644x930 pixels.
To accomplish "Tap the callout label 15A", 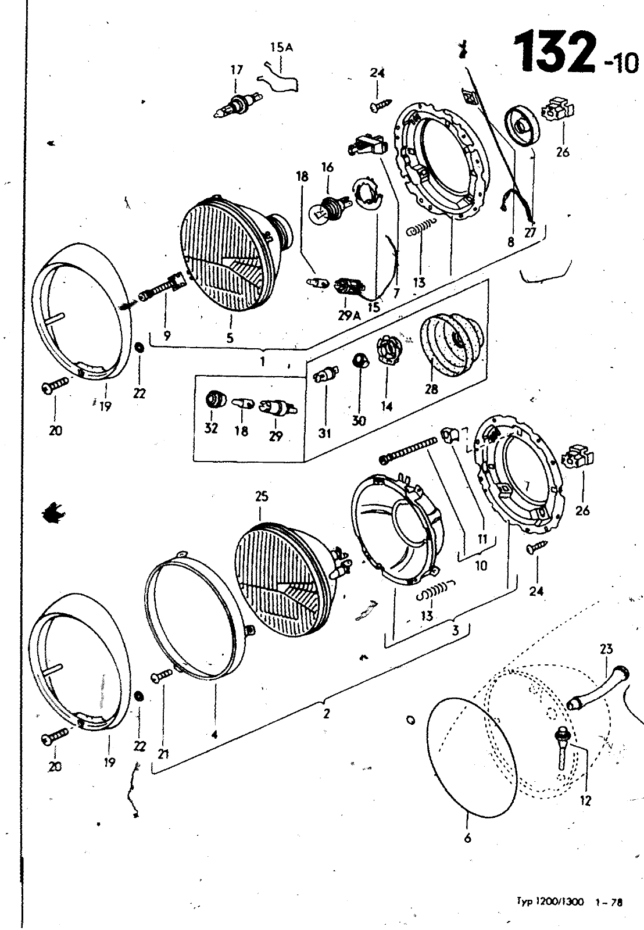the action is click(281, 47).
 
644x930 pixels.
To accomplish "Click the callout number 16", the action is click(328, 168).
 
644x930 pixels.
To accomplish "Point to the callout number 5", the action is click(230, 338).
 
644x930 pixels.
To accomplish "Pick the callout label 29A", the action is click(349, 316).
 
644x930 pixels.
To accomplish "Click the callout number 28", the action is click(431, 389).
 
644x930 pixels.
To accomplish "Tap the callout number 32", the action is click(212, 428).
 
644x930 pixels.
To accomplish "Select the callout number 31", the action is click(325, 434).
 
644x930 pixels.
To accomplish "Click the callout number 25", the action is click(262, 496).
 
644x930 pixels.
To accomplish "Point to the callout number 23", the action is click(606, 649).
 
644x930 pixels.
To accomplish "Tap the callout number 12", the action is click(585, 801).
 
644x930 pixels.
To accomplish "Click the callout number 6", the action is click(467, 838).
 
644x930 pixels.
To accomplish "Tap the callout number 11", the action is click(482, 539).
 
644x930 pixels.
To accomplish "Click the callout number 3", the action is click(456, 630).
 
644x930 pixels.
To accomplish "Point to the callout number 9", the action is click(167, 335).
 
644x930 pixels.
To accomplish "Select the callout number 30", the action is click(359, 421).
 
